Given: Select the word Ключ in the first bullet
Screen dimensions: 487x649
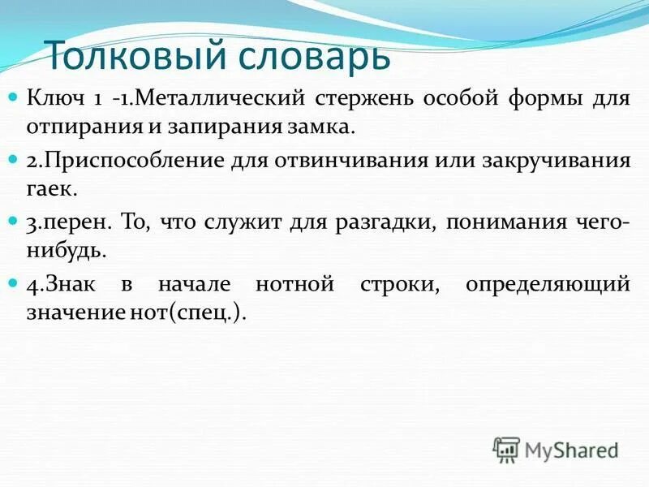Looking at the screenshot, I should click(x=52, y=99).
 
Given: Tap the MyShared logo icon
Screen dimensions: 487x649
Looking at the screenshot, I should click(x=506, y=450).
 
